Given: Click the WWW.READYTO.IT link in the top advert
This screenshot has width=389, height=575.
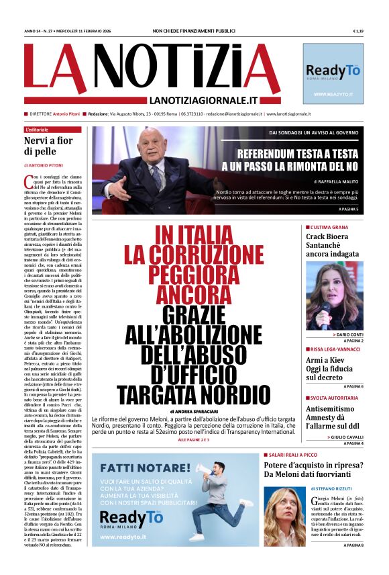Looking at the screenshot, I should point(333,95).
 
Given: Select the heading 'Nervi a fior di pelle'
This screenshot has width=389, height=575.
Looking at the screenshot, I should point(50,147).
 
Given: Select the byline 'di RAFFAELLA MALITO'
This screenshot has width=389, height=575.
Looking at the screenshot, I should point(337,181).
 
